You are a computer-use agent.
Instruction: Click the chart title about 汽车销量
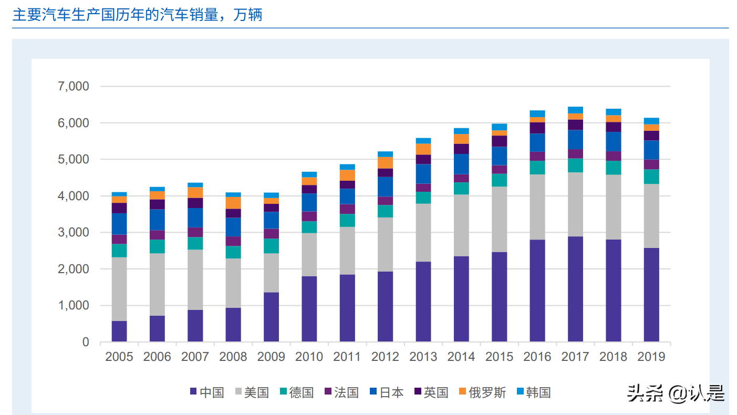[137, 15]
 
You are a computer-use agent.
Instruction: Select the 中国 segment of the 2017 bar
[575, 289]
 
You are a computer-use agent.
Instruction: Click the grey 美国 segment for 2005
[119, 289]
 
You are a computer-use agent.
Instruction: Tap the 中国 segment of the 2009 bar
[271, 317]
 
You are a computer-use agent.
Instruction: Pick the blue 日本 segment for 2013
[423, 174]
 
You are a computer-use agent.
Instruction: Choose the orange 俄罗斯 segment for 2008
[233, 203]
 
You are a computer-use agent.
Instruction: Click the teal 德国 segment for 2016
[537, 168]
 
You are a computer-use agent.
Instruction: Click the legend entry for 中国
[207, 392]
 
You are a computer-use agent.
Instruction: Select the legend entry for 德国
[297, 392]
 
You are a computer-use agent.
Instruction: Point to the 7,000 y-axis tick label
[72, 86]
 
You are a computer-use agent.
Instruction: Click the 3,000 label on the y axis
[72, 232]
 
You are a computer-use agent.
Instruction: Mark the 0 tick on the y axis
[86, 342]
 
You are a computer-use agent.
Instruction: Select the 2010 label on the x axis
[309, 357]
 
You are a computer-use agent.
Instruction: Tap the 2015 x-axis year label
[499, 357]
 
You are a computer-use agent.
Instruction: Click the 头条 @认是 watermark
[676, 393]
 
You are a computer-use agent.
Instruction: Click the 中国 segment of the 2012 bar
[385, 307]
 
